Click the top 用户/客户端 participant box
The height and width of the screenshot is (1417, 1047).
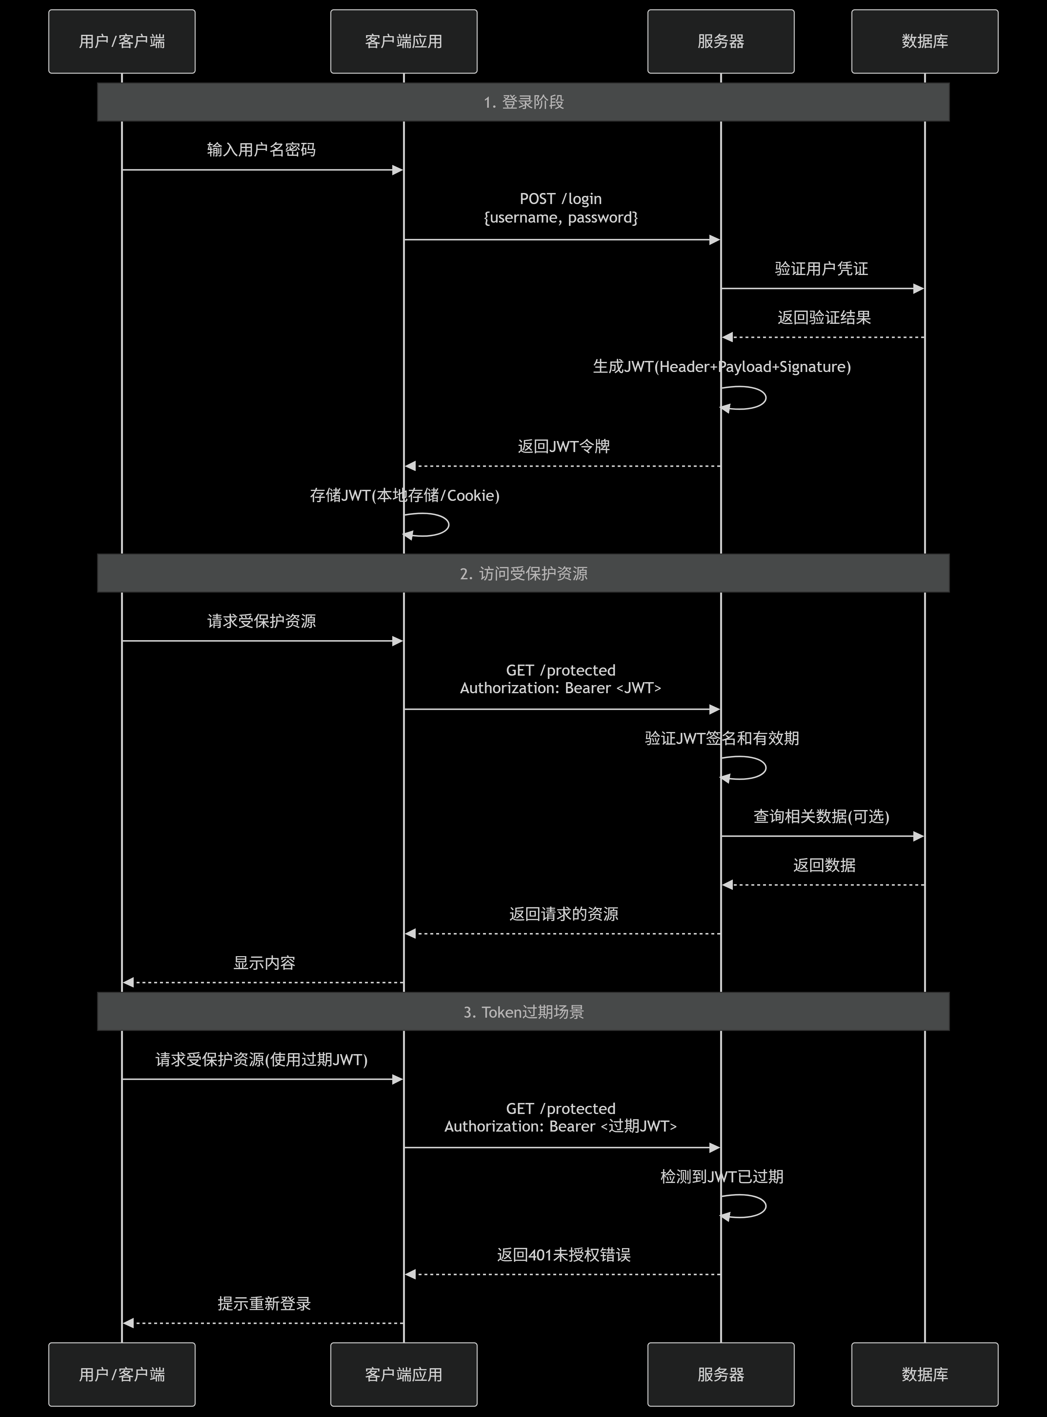[122, 41]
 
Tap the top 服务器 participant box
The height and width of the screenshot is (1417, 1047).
[720, 41]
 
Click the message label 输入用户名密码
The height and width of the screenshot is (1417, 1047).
[261, 150]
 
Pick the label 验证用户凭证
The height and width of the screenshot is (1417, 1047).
[821, 269]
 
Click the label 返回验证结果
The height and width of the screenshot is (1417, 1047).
[824, 318]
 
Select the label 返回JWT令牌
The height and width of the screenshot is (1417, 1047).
[563, 446]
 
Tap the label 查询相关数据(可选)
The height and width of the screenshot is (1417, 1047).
[821, 817]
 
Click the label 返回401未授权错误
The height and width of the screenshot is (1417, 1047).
[563, 1255]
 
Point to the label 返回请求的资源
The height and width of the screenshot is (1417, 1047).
[563, 914]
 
